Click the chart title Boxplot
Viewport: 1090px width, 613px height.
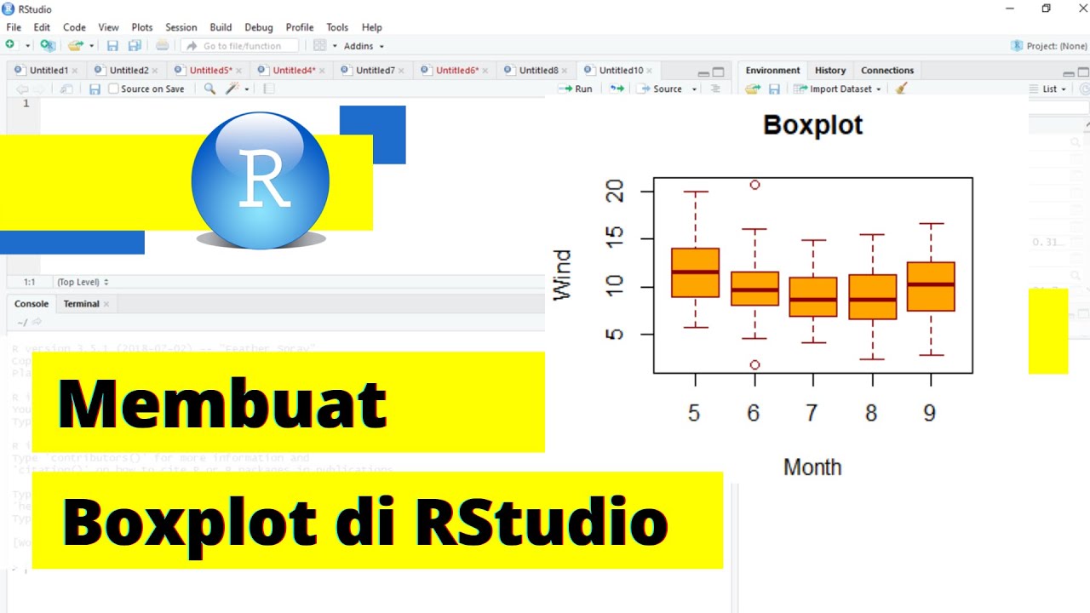click(812, 125)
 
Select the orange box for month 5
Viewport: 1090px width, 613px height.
click(695, 272)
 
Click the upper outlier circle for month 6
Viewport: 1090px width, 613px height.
click(754, 184)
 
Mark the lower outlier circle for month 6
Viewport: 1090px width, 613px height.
click(754, 364)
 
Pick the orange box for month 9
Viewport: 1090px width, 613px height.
click(931, 286)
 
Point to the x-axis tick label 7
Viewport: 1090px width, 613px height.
click(812, 413)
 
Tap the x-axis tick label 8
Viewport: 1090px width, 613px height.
click(871, 413)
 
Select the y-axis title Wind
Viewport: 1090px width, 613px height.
click(562, 274)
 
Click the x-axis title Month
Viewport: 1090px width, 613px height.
click(812, 467)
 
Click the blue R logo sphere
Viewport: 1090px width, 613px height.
click(261, 180)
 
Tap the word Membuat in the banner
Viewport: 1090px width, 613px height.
click(223, 404)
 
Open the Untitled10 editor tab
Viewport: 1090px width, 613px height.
click(621, 71)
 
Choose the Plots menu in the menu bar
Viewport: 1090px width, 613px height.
click(142, 27)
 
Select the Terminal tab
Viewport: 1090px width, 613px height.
click(82, 304)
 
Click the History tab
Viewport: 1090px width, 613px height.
click(830, 71)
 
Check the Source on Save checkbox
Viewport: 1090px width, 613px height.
click(113, 89)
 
